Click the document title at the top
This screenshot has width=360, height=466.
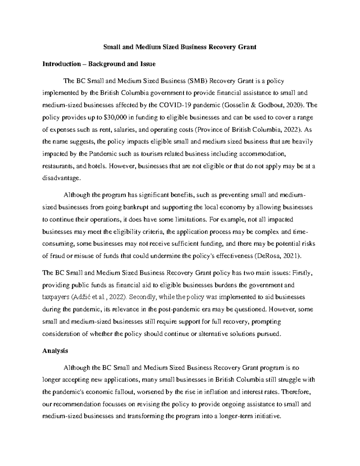180,47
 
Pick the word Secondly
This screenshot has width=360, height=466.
143,297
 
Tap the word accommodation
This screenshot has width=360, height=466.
261,154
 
